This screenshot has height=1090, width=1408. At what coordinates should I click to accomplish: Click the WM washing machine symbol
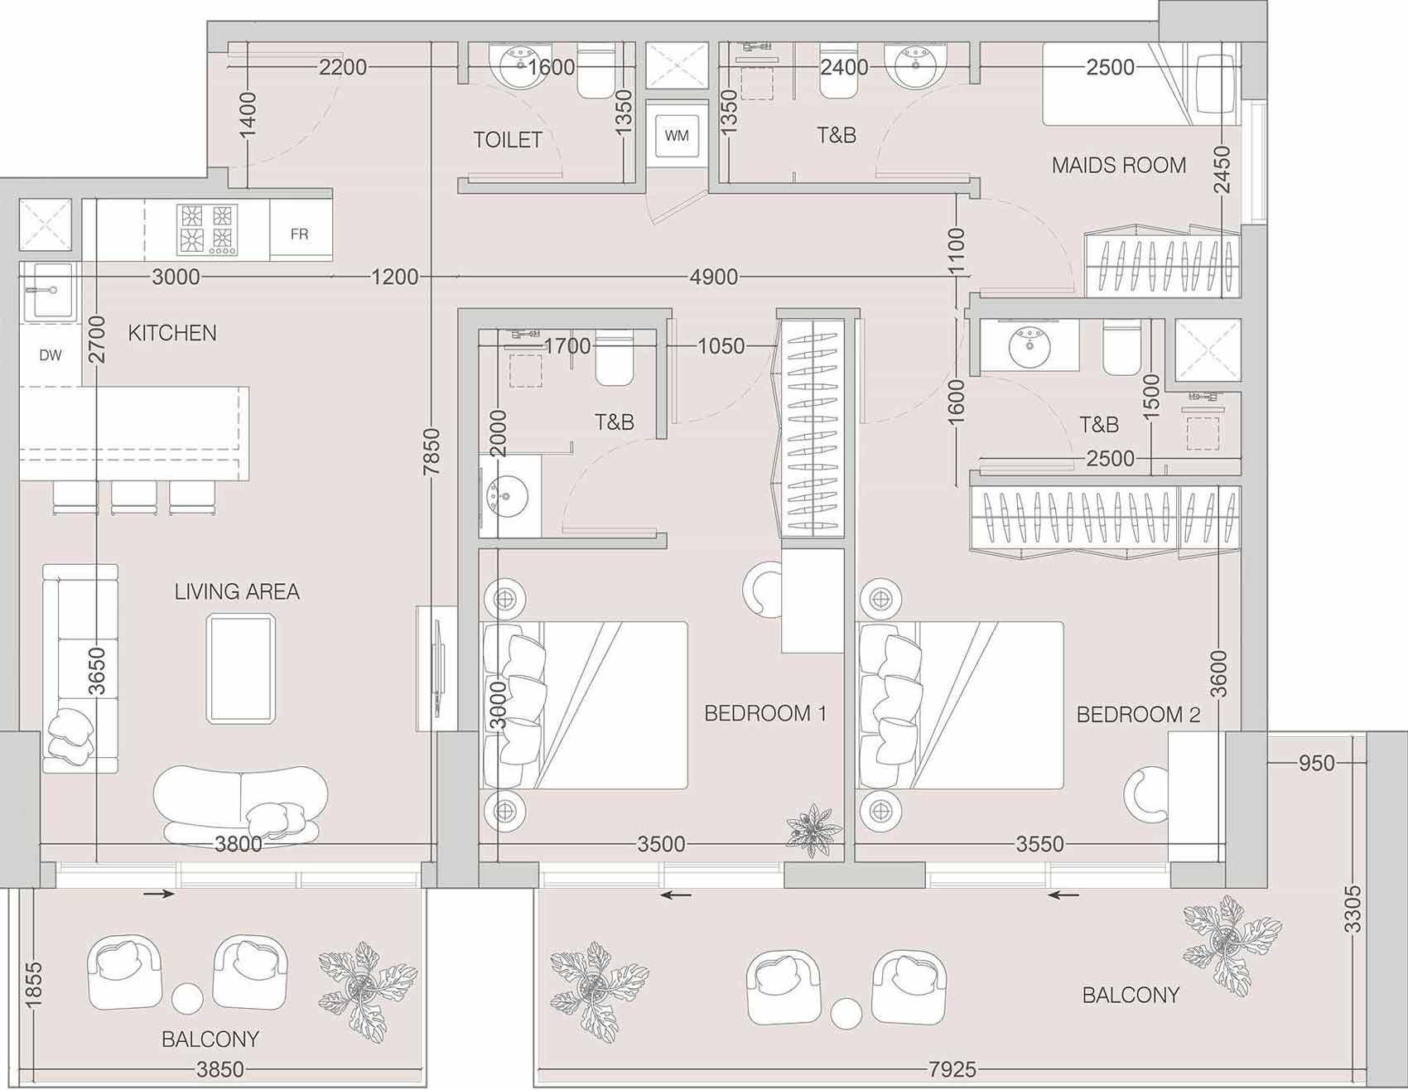coord(677,135)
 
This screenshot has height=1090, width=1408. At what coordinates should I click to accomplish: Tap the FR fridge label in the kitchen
coord(299,234)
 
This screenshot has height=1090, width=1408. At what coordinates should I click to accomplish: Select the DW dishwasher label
coord(51,355)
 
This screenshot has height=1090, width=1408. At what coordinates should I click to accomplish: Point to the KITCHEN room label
coord(172,333)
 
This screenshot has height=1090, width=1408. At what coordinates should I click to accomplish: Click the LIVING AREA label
coord(237,591)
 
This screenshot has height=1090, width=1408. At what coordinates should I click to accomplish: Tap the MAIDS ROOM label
coord(1119,166)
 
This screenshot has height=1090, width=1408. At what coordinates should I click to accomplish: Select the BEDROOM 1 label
coord(765,713)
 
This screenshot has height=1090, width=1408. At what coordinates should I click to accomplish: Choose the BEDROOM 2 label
coord(1138,714)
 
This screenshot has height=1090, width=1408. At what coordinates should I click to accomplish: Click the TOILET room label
coord(508,140)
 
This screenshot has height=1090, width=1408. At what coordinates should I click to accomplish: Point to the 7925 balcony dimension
coord(952,1069)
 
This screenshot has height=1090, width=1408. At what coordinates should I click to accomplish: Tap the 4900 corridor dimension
coord(714,277)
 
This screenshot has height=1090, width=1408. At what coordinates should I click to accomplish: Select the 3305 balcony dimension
coord(1353,909)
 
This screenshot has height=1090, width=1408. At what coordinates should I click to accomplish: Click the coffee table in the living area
coord(240,668)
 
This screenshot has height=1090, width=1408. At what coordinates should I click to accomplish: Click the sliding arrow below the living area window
coord(159,894)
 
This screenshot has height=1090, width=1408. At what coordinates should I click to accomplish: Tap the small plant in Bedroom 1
coord(814,828)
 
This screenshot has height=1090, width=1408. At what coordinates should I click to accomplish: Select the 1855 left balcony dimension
coord(34,986)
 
